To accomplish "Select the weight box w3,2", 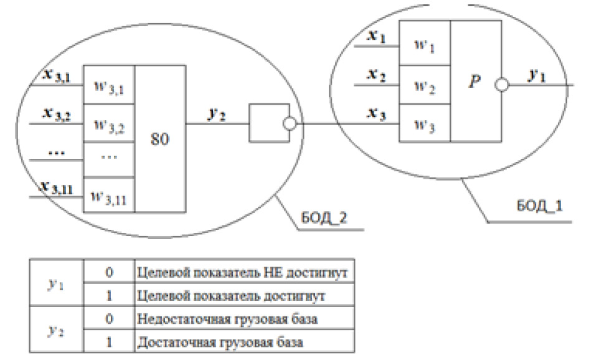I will coord(109,125).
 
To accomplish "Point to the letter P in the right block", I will coord(475,82).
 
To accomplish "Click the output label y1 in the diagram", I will coord(537,75).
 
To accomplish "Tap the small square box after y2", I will coord(267,124).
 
